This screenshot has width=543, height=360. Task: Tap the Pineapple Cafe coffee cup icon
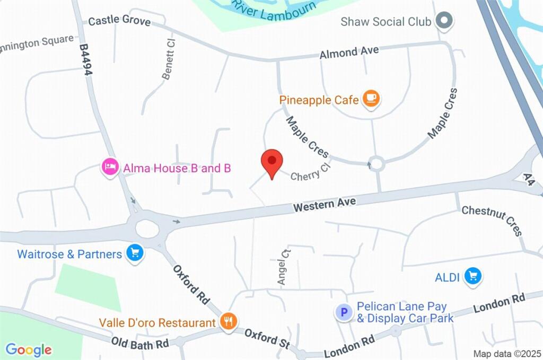[x=371, y=98]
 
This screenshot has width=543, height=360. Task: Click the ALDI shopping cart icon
[x=472, y=276]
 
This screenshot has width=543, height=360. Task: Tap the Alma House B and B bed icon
[x=109, y=168]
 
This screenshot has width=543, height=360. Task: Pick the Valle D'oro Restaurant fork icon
[x=229, y=321]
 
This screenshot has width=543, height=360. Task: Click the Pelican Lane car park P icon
[x=344, y=312]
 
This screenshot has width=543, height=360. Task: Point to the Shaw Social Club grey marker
[x=443, y=21]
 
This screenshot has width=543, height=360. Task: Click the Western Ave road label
[x=325, y=204]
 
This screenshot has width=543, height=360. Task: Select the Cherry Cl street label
[x=311, y=171]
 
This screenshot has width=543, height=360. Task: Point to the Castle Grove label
[x=119, y=21]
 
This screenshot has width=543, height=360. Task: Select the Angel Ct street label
[x=285, y=267]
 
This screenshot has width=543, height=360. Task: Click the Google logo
[x=29, y=349]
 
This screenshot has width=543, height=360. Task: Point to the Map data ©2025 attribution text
[x=506, y=354]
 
